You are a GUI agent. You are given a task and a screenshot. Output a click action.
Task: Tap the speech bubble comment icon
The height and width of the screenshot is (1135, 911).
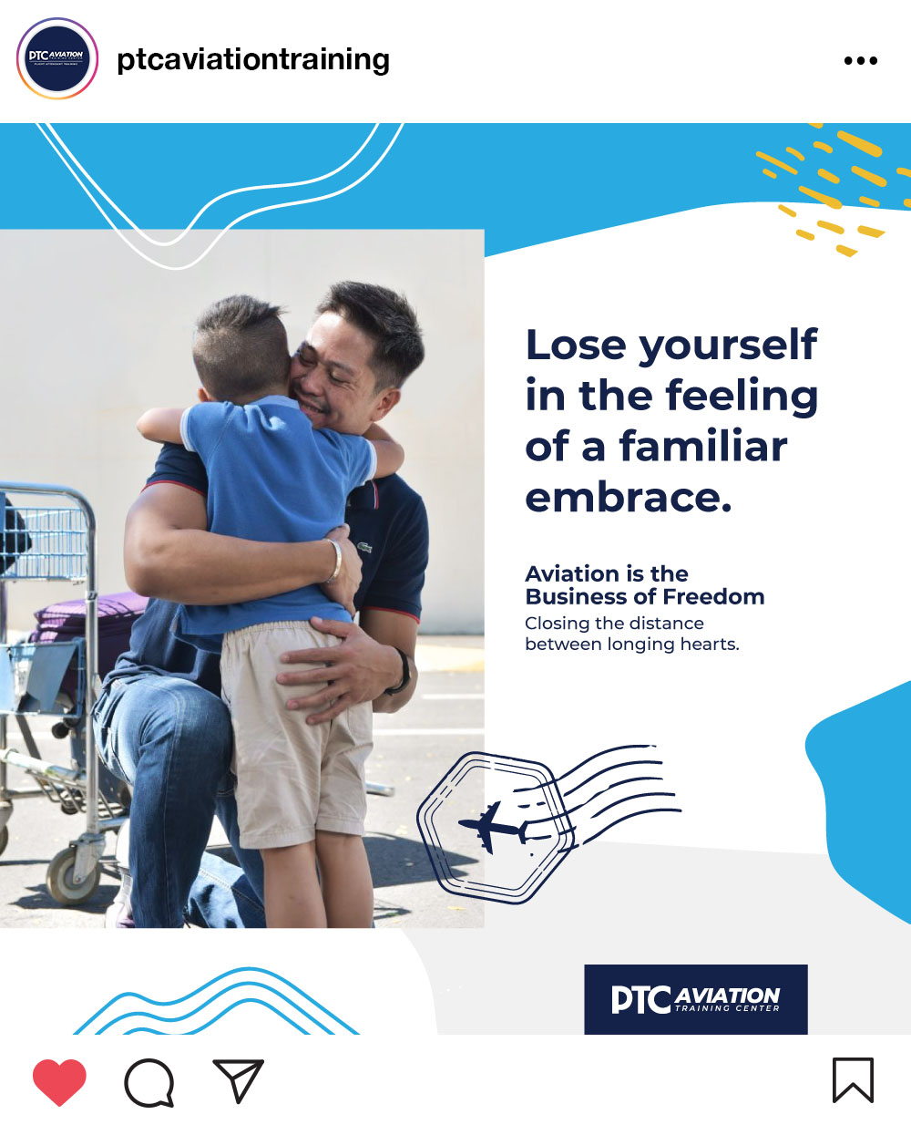pos(149,1082)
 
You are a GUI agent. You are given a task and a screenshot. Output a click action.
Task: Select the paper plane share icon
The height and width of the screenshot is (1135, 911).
pos(239,1080)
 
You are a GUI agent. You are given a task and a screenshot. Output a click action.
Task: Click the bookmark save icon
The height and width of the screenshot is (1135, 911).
pos(853,1080)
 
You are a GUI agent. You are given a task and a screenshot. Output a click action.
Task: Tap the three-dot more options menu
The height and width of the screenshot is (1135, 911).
pos(860,61)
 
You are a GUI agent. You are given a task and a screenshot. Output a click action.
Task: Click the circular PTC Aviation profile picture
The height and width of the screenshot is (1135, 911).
pos(56,58)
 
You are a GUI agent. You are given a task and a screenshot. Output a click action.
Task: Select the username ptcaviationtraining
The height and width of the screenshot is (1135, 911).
pos(253,59)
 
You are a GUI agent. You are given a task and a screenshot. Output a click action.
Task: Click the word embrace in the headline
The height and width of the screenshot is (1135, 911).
pos(629,498)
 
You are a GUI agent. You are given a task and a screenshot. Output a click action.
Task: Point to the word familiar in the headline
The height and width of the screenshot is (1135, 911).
pos(703,446)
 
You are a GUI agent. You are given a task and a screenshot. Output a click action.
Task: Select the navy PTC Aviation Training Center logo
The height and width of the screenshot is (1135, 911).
pos(695,999)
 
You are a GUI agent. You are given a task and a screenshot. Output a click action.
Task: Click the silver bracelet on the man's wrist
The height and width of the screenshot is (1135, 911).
pos(333,561)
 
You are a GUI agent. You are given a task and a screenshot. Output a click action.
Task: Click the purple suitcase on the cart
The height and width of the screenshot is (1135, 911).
pos(89,614)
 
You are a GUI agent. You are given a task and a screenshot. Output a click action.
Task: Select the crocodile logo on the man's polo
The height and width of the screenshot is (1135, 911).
pos(364,548)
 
